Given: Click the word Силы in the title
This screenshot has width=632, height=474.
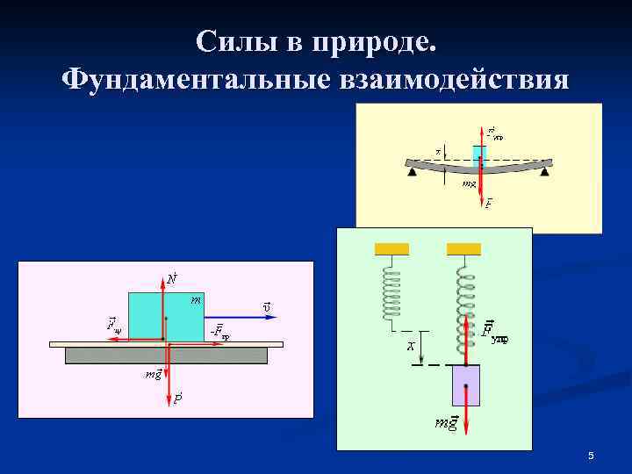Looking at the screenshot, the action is (227, 41).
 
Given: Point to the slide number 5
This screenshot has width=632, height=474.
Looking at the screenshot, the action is (591, 456).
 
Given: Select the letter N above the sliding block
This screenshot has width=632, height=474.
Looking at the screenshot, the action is (172, 279).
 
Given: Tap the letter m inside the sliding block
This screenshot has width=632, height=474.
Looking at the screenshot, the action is (196, 300).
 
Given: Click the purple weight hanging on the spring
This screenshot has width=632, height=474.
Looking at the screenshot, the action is (465, 386).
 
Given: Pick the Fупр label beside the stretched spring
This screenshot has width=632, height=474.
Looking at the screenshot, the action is (495, 334).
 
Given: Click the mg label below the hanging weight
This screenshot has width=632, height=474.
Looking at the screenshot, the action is (447, 424).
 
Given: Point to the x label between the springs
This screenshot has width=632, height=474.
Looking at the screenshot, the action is (410, 347).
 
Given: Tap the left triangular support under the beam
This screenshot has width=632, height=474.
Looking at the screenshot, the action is (412, 172).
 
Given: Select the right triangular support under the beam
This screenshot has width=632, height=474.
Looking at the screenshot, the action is (544, 172).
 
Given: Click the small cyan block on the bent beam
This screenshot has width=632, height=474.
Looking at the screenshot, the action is (479, 155).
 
